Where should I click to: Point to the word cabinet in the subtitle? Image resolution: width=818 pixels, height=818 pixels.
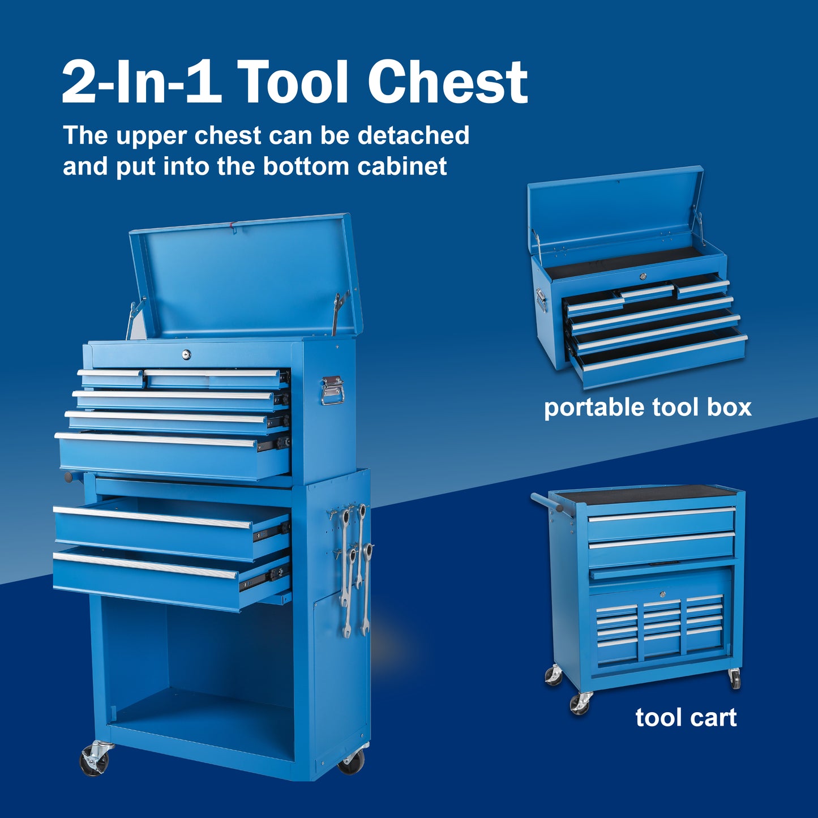pos(401,166)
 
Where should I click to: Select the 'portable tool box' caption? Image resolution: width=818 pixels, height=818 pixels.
pos(648,408)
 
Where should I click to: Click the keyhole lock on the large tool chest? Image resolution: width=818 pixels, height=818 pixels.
pos(186,353)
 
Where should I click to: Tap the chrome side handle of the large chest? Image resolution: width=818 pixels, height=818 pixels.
pos(332,390)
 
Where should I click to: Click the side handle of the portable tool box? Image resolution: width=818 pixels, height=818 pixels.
pos(541,300)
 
